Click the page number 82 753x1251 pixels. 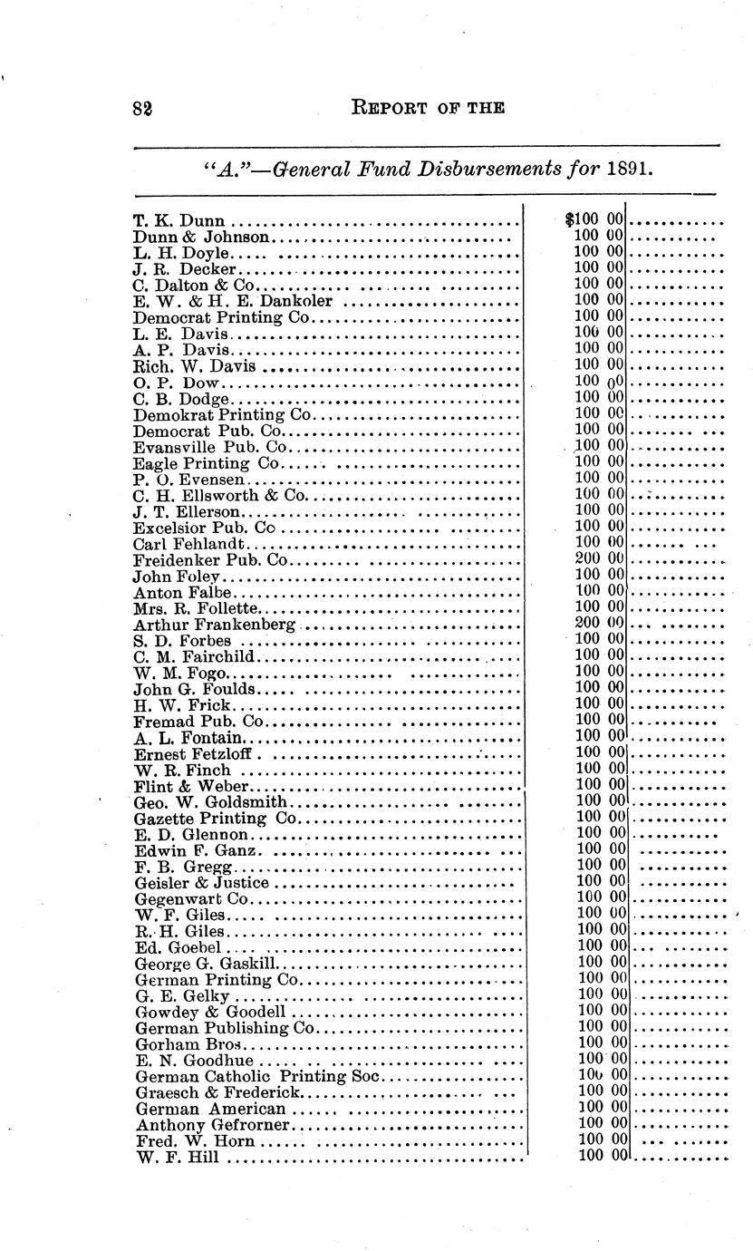(x=140, y=107)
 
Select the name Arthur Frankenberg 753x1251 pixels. (x=215, y=625)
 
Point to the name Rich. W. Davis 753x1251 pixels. (x=194, y=366)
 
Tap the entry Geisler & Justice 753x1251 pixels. (x=201, y=882)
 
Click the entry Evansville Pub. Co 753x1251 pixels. (x=210, y=447)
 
